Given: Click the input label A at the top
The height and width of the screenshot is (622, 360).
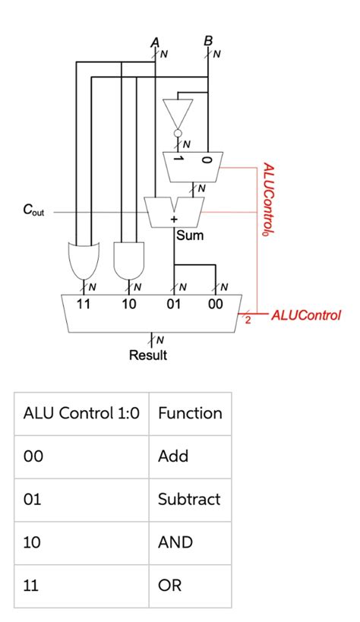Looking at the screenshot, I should coord(156,43).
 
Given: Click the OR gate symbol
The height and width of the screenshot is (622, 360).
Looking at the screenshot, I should coord(82,260).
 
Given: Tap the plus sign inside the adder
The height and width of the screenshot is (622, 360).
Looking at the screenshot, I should coord(174,219).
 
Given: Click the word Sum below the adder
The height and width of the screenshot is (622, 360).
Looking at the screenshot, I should coord(190,235).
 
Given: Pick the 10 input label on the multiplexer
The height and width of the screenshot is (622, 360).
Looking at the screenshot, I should coord(129,305).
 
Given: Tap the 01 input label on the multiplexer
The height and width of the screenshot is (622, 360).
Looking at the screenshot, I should coord(174,305).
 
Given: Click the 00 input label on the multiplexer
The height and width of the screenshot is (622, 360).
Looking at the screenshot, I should coord(216,305).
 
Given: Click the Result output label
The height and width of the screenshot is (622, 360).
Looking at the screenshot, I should coord(148,355).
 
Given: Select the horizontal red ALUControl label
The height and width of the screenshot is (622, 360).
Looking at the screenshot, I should coord(305,314).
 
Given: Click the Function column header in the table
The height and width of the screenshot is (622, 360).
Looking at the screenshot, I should coord(190,414).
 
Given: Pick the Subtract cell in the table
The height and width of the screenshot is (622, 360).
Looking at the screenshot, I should coord(189,500).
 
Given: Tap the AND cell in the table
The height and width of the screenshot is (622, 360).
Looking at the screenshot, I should coord(175,543).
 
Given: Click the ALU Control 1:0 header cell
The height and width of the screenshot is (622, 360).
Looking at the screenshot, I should coord(81,414).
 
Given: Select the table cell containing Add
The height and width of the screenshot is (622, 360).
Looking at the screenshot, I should coord(173,457).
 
